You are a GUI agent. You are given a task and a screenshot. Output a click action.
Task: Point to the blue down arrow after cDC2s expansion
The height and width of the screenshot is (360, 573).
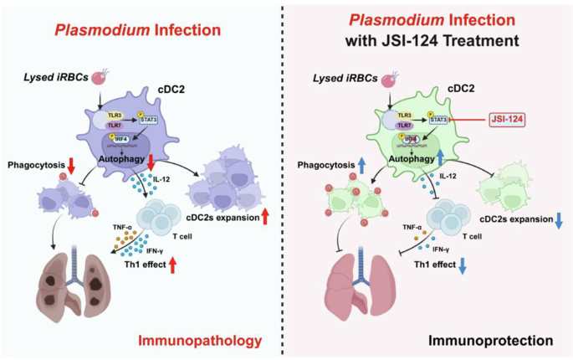556,219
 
